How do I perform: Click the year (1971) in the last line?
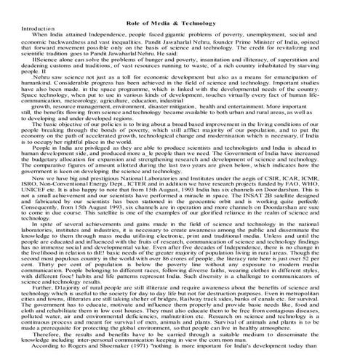coord(135,348)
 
